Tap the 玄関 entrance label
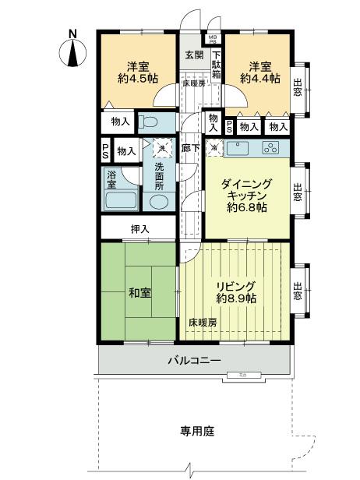click(x=194, y=55)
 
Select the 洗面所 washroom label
click(x=159, y=178)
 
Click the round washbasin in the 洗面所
click(x=157, y=203)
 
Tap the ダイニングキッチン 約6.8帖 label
click(x=245, y=196)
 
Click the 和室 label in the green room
click(x=139, y=293)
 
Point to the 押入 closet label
click(x=139, y=229)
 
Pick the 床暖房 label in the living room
click(x=203, y=321)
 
